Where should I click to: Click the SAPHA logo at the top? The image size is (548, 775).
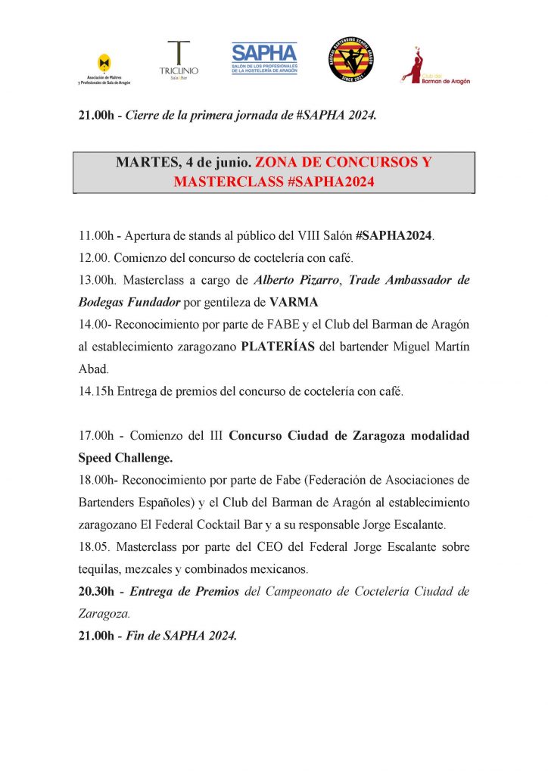(x=264, y=58)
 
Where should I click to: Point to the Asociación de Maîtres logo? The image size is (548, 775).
(x=104, y=69)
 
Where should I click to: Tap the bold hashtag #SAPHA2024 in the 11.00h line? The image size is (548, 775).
(x=394, y=235)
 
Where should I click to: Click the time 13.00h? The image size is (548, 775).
(x=96, y=280)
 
